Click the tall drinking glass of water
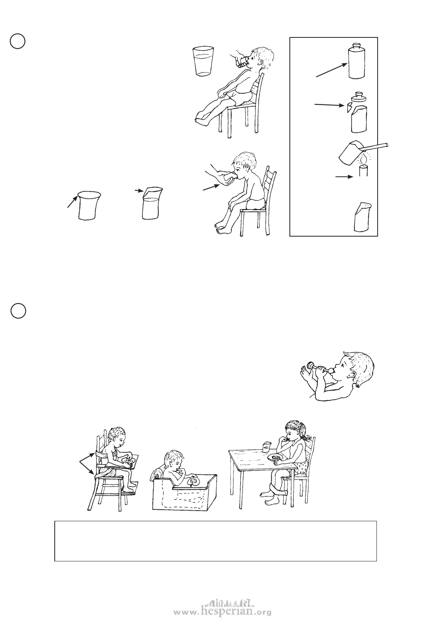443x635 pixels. pos(203,61)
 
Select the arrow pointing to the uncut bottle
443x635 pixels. pos(332,70)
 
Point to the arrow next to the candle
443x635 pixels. pos(344,177)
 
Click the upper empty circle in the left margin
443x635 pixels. pos(18,41)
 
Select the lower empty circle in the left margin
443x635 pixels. pos(19,311)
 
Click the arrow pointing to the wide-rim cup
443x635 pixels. pos(72,201)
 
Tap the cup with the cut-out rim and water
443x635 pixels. pos(152,203)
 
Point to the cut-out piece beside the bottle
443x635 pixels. pos(348,108)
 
